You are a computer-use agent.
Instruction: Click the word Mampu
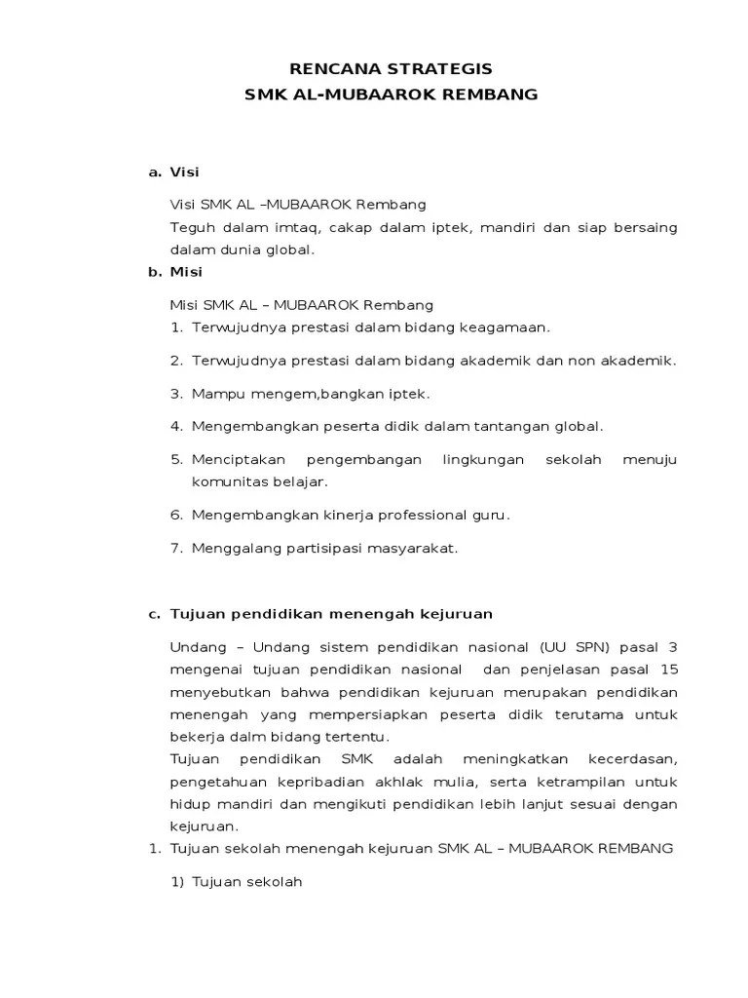point(214,394)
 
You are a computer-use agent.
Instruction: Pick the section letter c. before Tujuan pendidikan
point(154,614)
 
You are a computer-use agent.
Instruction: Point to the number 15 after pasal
point(668,670)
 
